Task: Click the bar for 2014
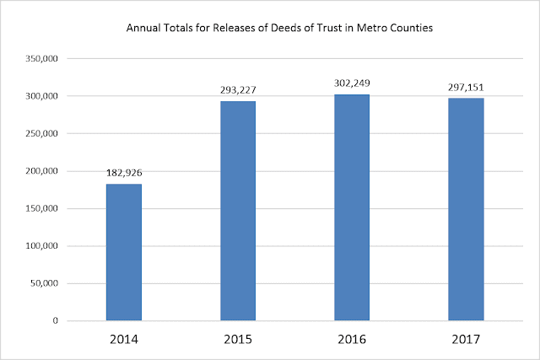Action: coord(124,252)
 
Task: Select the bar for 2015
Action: coord(238,211)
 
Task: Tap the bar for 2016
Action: coord(352,207)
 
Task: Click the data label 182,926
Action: coord(124,174)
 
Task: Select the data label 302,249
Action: coord(352,83)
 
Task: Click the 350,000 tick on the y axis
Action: coord(42,59)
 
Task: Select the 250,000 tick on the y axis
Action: coord(42,134)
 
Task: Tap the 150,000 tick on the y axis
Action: coord(42,209)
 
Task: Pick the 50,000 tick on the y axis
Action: coord(45,283)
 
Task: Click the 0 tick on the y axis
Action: coord(57,321)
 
